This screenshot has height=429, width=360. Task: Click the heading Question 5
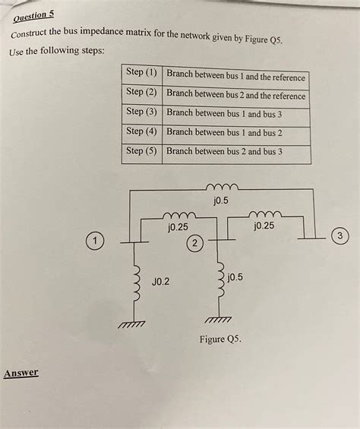(32, 15)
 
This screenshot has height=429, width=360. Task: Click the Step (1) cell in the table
(141, 74)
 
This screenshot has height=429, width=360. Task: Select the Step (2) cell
(141, 92)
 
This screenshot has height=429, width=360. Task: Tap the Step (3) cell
(141, 112)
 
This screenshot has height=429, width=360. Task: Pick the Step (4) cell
(141, 131)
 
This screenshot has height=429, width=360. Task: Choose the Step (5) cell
(141, 150)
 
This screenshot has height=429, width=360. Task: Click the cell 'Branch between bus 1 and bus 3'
(224, 113)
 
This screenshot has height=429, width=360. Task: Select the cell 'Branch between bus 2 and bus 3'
(224, 151)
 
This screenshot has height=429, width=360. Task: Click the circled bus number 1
(93, 241)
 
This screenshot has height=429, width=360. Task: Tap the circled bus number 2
(195, 244)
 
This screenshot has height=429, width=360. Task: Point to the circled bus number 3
(341, 236)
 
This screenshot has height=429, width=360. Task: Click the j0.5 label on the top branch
(220, 200)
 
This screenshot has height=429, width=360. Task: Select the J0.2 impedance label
(161, 282)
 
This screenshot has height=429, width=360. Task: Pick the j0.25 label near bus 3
(265, 226)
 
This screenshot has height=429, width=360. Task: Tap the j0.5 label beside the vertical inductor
(235, 277)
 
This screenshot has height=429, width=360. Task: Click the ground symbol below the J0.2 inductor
(131, 324)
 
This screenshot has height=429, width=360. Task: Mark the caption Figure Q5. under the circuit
(220, 339)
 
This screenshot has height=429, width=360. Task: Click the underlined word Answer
(21, 373)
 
